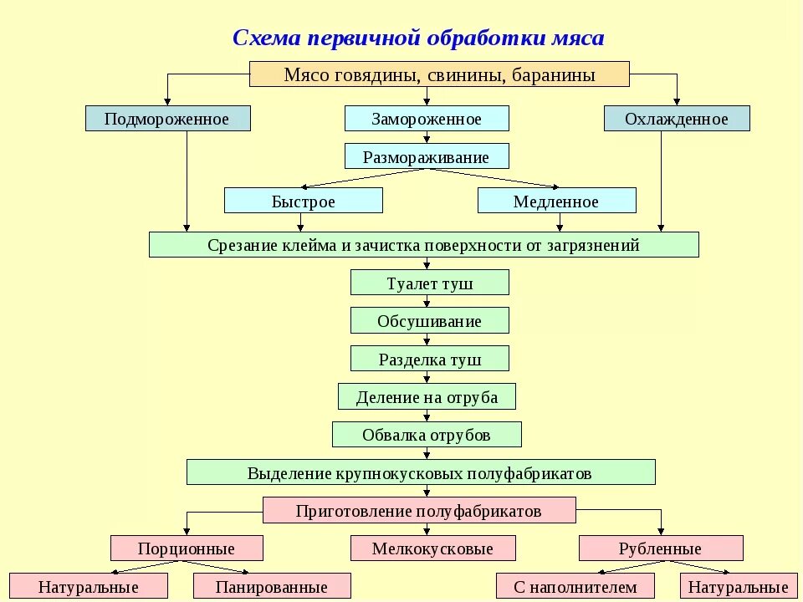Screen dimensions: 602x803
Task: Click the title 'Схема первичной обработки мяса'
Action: (417, 38)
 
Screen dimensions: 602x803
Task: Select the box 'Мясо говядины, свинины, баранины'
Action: (439, 74)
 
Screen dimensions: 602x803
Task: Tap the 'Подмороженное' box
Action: (167, 119)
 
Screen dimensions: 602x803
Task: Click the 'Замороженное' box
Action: (427, 119)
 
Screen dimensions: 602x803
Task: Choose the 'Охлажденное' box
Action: (676, 119)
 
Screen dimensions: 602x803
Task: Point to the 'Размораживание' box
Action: (427, 156)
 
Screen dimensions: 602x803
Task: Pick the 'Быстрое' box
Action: (303, 201)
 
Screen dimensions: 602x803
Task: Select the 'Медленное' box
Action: (556, 201)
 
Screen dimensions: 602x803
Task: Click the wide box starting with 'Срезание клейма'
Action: (423, 245)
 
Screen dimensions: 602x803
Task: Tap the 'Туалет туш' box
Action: (429, 283)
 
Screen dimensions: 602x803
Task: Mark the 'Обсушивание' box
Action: (429, 321)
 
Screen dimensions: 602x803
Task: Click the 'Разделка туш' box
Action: (429, 360)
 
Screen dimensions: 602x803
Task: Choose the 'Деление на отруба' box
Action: (427, 397)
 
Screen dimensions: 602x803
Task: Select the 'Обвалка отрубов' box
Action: (427, 435)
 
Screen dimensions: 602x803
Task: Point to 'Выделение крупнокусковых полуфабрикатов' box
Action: (420, 472)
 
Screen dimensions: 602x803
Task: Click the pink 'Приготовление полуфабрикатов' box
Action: (419, 510)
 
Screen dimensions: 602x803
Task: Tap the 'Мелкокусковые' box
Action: (432, 548)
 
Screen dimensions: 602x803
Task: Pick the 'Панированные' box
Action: (271, 586)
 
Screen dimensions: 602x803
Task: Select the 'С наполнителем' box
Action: (575, 586)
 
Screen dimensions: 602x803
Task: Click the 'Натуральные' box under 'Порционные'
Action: (88, 586)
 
